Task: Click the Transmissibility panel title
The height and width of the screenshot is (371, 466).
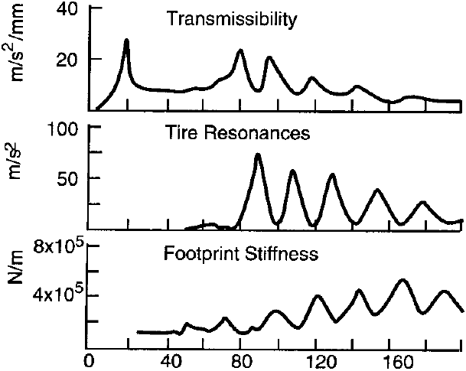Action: click(x=231, y=20)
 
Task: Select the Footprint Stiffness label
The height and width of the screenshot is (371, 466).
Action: click(x=241, y=253)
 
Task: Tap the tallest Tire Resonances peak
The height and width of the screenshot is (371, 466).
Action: click(x=258, y=155)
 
